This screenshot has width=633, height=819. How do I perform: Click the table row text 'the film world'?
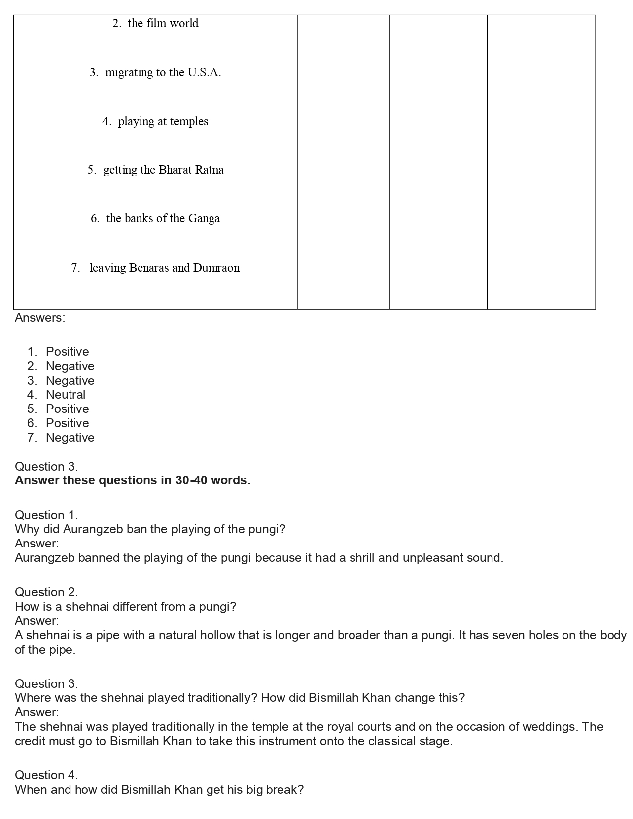pyautogui.click(x=162, y=23)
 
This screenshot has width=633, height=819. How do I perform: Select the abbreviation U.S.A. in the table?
pyautogui.click(x=204, y=72)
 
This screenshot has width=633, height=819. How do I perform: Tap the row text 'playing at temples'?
pyautogui.click(x=163, y=121)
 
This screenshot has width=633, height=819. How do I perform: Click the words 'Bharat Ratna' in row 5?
pyautogui.click(x=191, y=170)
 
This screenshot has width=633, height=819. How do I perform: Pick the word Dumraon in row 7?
pyautogui.click(x=216, y=268)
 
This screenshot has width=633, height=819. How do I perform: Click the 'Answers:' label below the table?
pyautogui.click(x=40, y=318)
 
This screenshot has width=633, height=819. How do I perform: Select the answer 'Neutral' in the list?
pyautogui.click(x=66, y=395)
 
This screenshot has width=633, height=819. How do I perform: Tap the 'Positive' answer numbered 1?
pyautogui.click(x=68, y=352)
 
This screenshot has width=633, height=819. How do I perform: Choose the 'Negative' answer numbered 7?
pyautogui.click(x=70, y=438)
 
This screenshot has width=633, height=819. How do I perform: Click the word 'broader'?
pyautogui.click(x=359, y=635)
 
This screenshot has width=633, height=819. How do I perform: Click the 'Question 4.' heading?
pyautogui.click(x=46, y=775)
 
